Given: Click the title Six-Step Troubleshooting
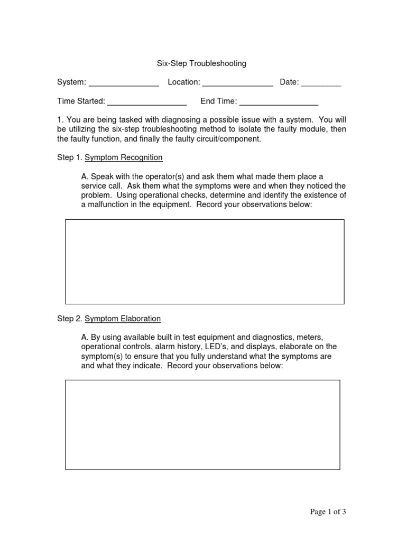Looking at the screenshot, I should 201,63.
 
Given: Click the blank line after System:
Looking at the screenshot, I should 124,83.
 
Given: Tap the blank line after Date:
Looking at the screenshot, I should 321,83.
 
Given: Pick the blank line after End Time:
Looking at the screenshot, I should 279,102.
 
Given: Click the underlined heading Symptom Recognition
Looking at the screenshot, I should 124,157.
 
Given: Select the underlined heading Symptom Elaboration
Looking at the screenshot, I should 123,319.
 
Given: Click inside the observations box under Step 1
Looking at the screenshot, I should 205,262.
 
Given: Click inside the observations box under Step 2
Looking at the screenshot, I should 202,425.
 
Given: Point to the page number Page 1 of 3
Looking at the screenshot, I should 328,511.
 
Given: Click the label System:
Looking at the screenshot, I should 71,82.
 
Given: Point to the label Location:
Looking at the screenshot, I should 183,82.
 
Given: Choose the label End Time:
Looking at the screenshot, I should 218,101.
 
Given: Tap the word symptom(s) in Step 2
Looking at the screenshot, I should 101,356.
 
